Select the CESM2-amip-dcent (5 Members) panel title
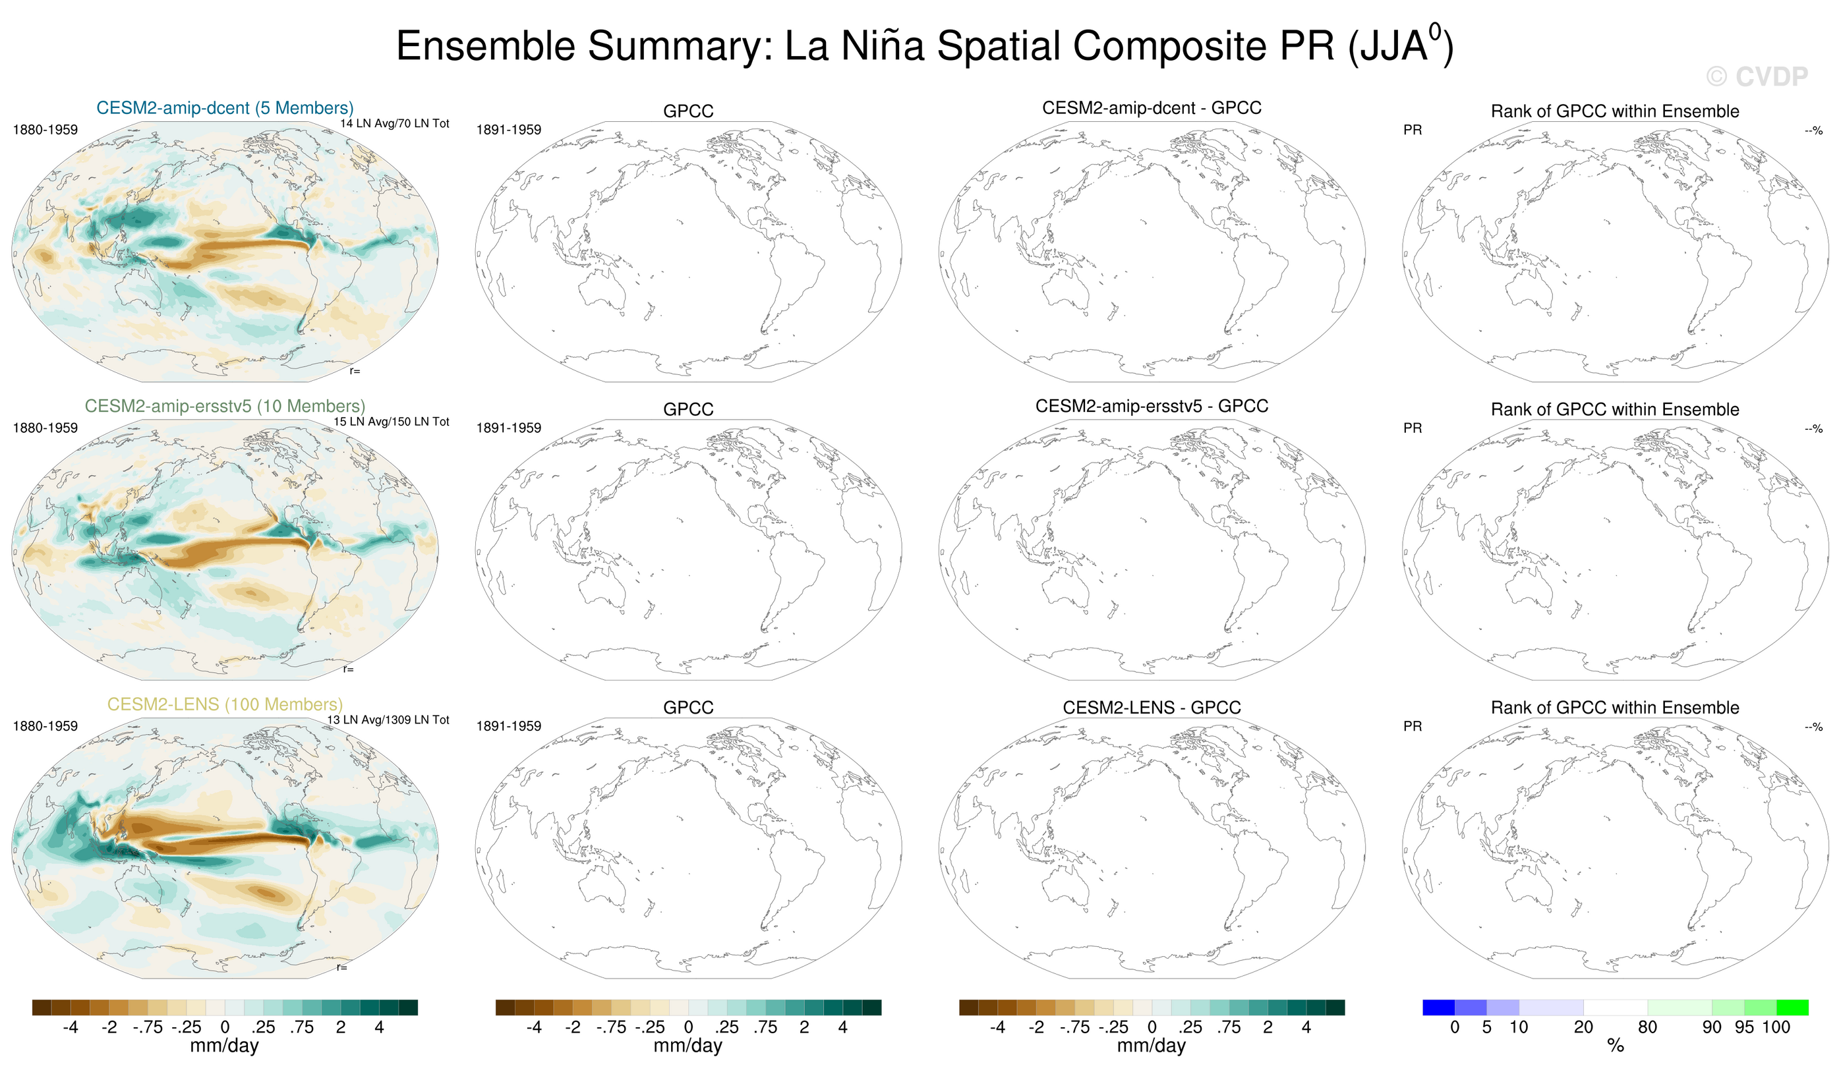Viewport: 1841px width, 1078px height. tap(225, 108)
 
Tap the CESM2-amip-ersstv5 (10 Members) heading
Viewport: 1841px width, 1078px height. tap(225, 406)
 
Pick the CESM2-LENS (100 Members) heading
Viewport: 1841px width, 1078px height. tap(225, 704)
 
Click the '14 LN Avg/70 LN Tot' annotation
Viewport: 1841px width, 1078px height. tap(394, 123)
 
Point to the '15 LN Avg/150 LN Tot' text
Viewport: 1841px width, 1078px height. tap(392, 422)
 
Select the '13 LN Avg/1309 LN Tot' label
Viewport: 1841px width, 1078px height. tap(388, 720)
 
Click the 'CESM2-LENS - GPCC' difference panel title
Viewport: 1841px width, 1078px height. tap(1152, 707)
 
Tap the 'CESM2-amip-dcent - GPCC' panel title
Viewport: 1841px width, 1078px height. tap(1152, 108)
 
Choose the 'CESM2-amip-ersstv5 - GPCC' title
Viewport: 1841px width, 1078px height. tap(1152, 406)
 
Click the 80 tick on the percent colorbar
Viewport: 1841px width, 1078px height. tap(1647, 1027)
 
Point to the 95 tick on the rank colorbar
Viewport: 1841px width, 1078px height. tap(1745, 1027)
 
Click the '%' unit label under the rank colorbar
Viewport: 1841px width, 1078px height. tap(1616, 1046)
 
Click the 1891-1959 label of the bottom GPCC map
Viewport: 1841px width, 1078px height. tap(508, 726)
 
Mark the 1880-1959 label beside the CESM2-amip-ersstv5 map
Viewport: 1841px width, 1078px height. tap(45, 428)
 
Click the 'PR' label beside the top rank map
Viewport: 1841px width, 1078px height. tap(1412, 130)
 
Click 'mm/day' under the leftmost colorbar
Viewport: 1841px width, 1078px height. tap(224, 1046)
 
